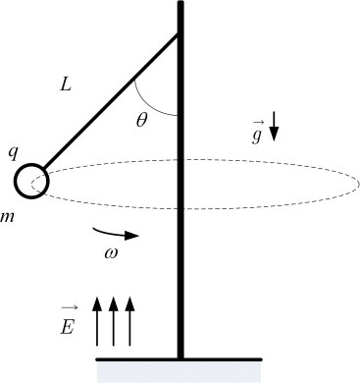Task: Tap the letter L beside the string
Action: coord(66,85)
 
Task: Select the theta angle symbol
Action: coord(142,120)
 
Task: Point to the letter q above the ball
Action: coord(13,153)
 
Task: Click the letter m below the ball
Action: coord(7,217)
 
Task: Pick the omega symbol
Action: coord(111,253)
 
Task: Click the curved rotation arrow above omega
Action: coord(116,234)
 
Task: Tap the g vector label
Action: coord(257,132)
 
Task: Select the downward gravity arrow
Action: coord(274,127)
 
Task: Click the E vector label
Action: coord(69,323)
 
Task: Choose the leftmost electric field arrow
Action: coord(97,321)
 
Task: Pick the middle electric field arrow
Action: coord(113,321)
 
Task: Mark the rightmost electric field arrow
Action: coord(129,321)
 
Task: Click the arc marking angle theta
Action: coord(148,105)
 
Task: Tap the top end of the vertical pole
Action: coord(180,2)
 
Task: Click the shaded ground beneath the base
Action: coord(179,372)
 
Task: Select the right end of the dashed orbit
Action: coord(359,184)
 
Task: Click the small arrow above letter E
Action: coord(70,307)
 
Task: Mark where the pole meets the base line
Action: coord(180,359)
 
